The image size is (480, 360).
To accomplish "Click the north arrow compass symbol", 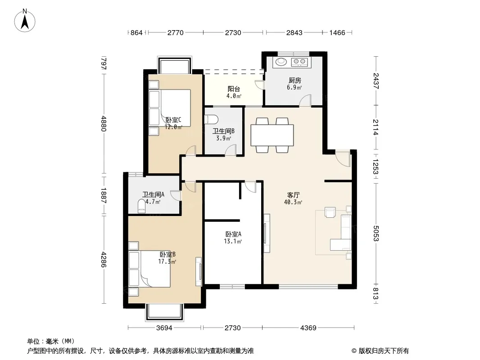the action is [25, 21].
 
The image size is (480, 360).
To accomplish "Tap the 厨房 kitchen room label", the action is [294, 81].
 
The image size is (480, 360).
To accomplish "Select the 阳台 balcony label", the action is [234, 89].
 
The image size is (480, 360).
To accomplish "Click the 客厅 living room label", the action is [293, 195].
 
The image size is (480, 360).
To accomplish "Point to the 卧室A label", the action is [233, 234].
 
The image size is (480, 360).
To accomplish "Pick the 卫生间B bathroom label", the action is [223, 131].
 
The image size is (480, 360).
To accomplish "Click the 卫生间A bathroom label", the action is [154, 194].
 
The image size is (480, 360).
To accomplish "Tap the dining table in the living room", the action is [272, 135].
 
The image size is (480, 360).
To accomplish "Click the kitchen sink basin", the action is [281, 62].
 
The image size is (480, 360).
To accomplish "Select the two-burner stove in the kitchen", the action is [300, 62].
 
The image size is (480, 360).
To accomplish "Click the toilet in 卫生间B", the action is [211, 119].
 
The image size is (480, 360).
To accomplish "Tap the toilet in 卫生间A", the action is [141, 206].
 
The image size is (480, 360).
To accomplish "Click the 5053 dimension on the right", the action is [376, 234].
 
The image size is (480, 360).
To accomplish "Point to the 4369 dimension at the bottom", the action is [308, 328].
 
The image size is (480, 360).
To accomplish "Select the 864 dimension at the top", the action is [136, 32].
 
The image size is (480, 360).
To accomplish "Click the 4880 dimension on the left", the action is [104, 124].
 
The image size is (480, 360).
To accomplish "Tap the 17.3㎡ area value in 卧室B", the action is [167, 261].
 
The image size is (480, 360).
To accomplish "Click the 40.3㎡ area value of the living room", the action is [293, 202].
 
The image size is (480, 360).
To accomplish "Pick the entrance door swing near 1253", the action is [343, 158].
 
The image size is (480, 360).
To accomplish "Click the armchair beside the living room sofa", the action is [331, 212].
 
